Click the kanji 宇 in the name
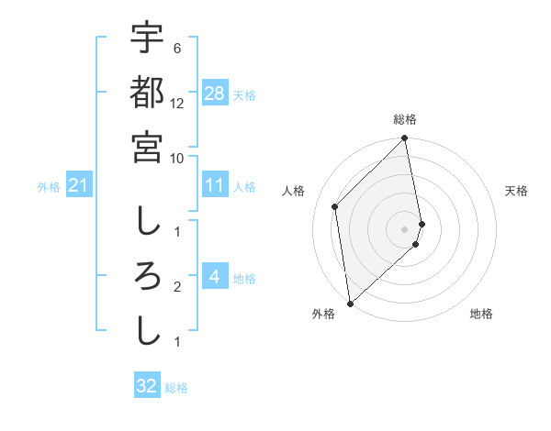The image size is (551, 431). pos(147,38)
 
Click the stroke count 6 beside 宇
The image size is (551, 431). pos(176,48)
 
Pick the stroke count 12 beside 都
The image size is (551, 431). pos(177,103)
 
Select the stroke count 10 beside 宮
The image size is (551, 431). pos(177,158)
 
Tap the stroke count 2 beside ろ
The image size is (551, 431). pos(176,287)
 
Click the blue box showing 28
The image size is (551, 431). pos(215,93)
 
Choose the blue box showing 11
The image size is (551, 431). pos(215,185)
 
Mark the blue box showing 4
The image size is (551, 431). pos(214,277)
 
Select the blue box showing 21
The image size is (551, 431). pos(79,186)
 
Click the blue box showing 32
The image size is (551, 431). pos(147,386)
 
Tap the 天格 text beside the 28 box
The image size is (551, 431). pos(244,94)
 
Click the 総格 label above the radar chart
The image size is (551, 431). pos(405,119)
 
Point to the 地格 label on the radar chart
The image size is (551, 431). pos(481,315)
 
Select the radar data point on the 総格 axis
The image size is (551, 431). pos(405,139)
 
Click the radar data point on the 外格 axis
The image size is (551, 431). pos(350,303)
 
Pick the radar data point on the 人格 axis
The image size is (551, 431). pos(335,206)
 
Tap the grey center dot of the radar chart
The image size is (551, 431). pos(405,228)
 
